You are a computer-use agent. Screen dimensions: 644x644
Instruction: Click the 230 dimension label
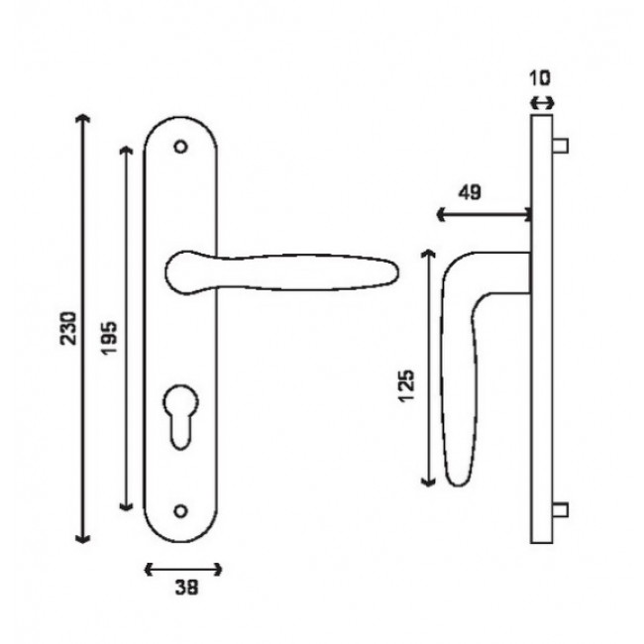tap(67, 329)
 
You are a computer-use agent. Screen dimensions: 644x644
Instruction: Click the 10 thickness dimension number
tap(541, 77)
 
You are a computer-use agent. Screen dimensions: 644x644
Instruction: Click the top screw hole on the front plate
tap(179, 147)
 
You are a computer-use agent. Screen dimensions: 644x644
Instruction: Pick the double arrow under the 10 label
tap(542, 101)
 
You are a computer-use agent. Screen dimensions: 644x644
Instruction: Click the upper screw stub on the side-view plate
tap(561, 147)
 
